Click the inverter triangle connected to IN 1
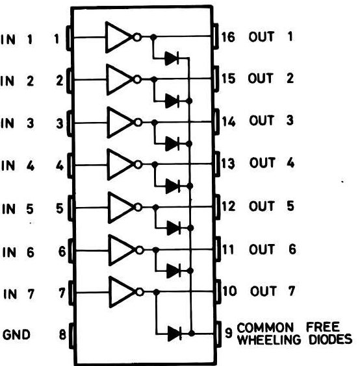coord(118,38)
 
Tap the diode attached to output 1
coord(172,58)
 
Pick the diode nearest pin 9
coord(175,334)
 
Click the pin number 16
coord(228,37)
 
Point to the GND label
coord(16,334)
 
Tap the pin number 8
coord(62,334)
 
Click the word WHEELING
coord(269,339)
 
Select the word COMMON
coord(265,328)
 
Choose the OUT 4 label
coord(272,162)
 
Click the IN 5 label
coord(18,208)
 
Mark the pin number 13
coord(228,163)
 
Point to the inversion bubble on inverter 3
coord(138,122)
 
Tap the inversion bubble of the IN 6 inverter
coord(139,250)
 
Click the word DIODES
coord(330,339)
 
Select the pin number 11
coord(228,249)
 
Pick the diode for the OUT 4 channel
coord(173,186)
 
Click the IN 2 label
coord(17,81)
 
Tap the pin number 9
coord(229,332)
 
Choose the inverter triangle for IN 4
coord(120,165)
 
